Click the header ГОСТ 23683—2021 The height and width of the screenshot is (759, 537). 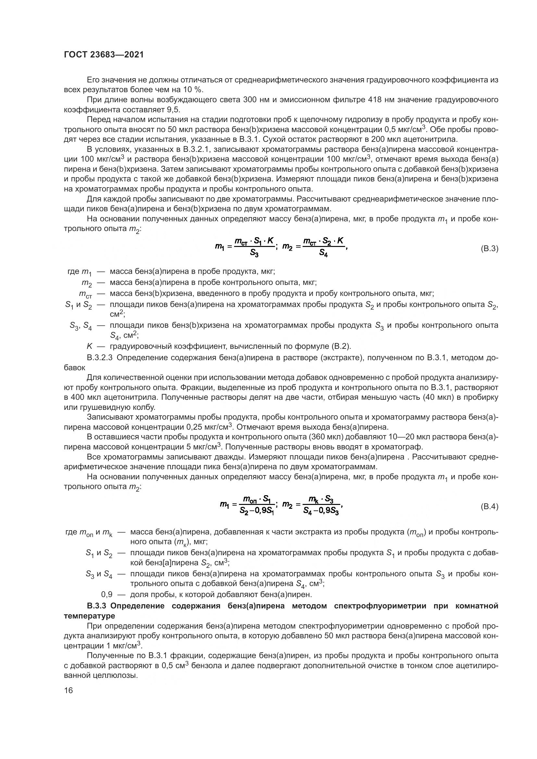point(104,55)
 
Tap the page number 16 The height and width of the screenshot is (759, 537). point(69,690)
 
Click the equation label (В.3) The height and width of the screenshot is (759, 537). point(489,249)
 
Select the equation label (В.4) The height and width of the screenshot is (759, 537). point(489,507)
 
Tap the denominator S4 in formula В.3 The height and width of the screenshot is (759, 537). point(323,254)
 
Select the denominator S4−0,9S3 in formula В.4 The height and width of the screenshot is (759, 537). point(320,511)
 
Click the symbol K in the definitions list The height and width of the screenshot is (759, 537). point(89,346)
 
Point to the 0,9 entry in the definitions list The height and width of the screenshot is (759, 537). point(106,594)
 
